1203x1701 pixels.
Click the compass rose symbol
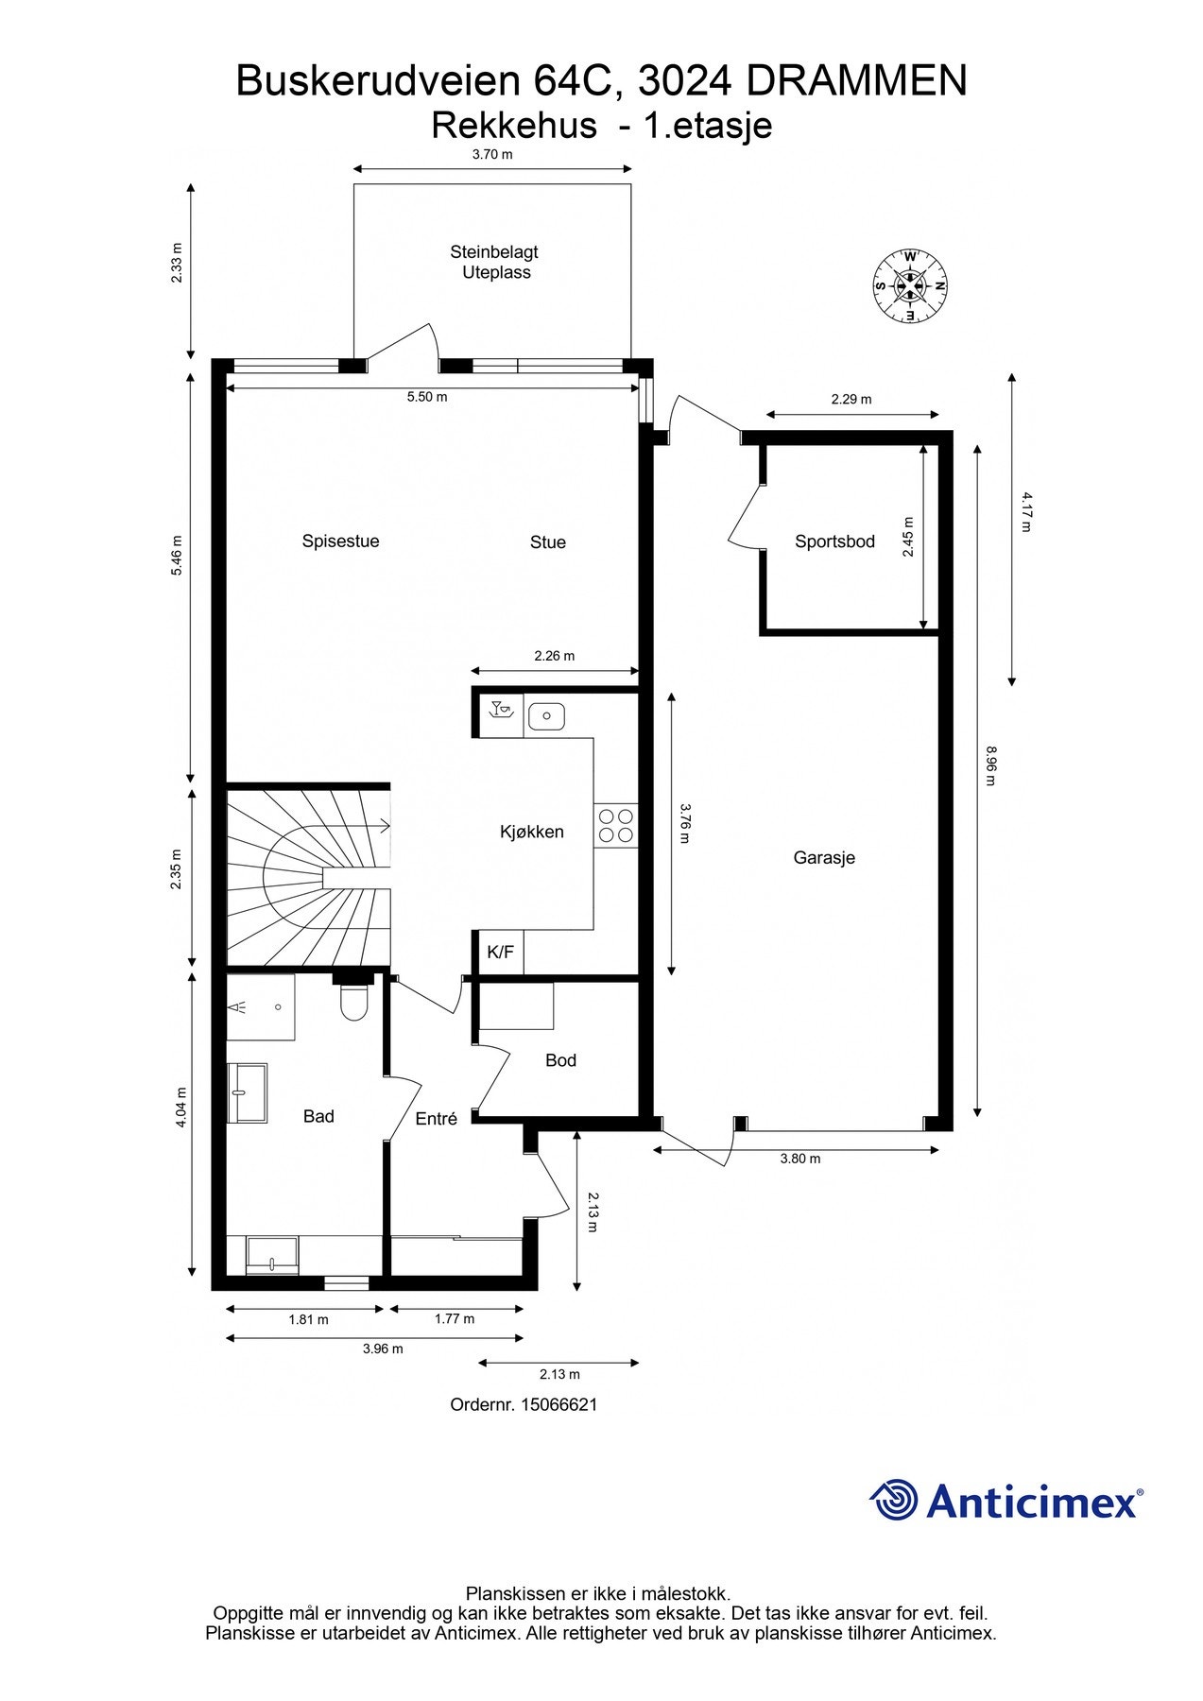tap(909, 286)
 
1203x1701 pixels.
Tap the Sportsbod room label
tap(834, 541)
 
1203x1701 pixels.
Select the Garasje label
tap(824, 858)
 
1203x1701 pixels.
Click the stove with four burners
tap(615, 825)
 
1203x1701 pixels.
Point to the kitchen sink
tap(545, 716)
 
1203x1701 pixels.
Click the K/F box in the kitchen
tap(500, 953)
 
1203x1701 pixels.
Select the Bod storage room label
tap(560, 1060)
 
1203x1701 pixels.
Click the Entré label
tap(436, 1119)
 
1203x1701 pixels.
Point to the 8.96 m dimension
tap(990, 766)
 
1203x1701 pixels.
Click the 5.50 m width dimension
tap(427, 397)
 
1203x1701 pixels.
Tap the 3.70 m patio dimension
tap(492, 154)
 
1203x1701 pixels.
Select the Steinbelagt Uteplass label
tap(494, 262)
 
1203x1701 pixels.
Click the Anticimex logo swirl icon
tap(893, 1500)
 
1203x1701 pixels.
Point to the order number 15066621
tap(524, 1404)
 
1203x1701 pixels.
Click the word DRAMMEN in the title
tap(856, 81)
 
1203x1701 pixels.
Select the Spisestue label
tap(340, 541)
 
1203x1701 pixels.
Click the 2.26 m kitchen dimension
tap(554, 656)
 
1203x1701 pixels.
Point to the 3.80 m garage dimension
tap(799, 1159)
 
